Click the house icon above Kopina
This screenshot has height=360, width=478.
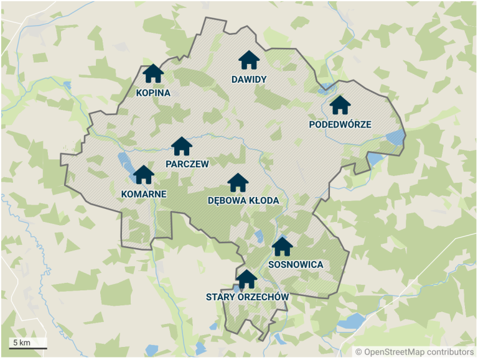[153, 73]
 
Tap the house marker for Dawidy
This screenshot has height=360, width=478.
[249, 60]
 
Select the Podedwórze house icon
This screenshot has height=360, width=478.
[340, 105]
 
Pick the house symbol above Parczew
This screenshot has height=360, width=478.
[182, 146]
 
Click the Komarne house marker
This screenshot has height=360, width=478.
[144, 175]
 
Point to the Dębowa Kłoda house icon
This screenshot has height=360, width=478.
[238, 183]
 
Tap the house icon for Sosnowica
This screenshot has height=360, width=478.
[283, 246]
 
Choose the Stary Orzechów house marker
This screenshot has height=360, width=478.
[247, 279]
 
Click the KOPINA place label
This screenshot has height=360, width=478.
[153, 93]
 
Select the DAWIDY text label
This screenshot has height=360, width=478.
[249, 80]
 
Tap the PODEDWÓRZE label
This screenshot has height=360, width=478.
[340, 124]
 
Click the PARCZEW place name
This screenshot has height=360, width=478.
[187, 164]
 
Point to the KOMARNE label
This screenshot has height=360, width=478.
[144, 194]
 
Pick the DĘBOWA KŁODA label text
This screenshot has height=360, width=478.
[243, 201]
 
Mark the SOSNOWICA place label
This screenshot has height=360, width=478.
[296, 265]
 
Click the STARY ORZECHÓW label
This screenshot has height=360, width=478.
[247, 297]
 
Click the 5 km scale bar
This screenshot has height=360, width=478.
[28, 344]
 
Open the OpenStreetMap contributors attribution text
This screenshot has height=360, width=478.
[415, 352]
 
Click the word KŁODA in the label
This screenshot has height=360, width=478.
[262, 201]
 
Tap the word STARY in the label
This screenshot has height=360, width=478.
[220, 297]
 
